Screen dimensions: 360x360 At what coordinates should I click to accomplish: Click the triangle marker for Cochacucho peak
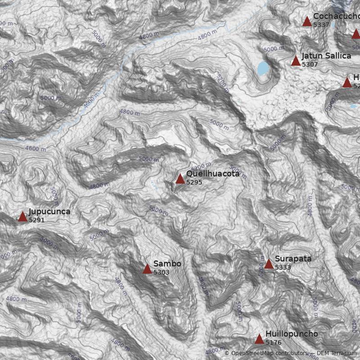307,21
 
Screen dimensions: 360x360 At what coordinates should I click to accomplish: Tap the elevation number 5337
321,25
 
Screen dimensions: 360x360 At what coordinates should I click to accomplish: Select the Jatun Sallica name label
326,56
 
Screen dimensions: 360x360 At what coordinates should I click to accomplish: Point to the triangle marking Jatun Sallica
296,61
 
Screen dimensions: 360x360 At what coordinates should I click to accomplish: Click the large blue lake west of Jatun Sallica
263,68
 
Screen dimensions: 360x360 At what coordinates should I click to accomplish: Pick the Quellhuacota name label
213,174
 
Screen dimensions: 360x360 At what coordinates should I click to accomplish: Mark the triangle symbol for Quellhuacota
180,179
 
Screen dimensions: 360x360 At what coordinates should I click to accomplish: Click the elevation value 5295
194,182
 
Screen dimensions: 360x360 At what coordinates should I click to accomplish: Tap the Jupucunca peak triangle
22,217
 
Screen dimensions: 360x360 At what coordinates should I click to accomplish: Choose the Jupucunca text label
49,211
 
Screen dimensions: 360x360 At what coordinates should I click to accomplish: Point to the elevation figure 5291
36,220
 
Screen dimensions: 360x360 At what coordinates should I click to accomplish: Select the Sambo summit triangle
147,269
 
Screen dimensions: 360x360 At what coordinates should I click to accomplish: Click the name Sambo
167,264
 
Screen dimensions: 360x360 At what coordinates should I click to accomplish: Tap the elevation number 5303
161,272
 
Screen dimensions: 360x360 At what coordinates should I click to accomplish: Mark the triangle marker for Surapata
269,264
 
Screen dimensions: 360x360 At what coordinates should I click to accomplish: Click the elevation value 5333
283,267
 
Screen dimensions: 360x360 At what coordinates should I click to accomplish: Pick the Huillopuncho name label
292,334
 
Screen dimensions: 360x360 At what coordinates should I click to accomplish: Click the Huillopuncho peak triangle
259,339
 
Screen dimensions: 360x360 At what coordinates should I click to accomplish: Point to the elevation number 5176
273,342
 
